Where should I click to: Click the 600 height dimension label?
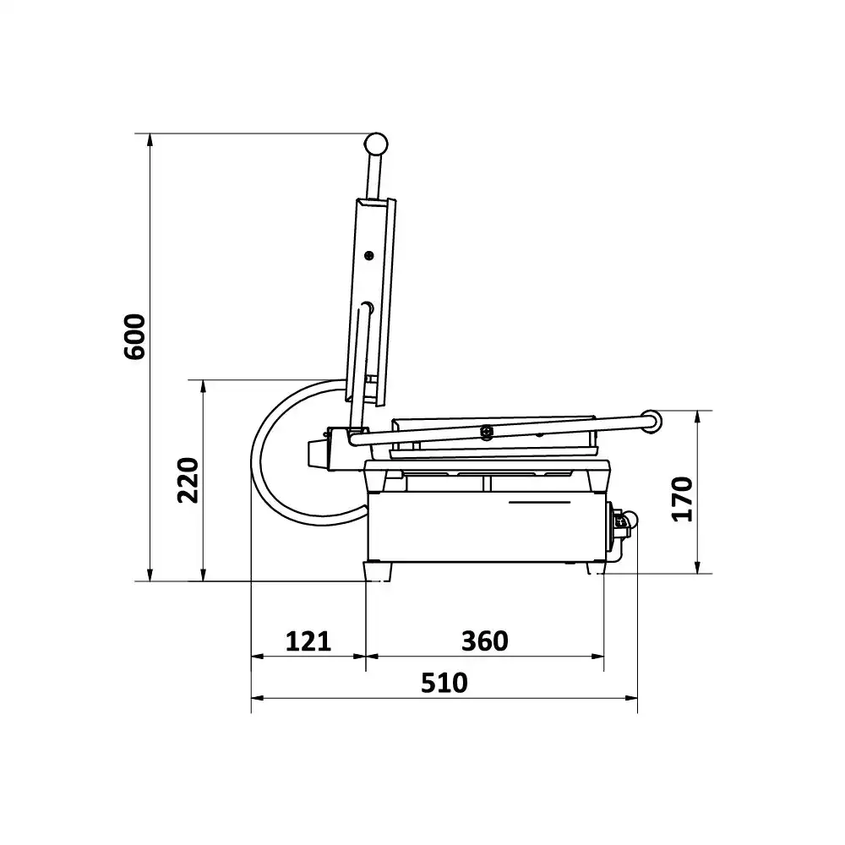click(x=134, y=337)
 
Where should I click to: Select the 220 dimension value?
click(x=188, y=480)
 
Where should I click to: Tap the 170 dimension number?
click(x=682, y=499)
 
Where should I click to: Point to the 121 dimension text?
click(x=308, y=641)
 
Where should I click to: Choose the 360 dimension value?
click(x=484, y=641)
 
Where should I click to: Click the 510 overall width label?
click(x=444, y=683)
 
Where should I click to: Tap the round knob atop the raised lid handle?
click(x=376, y=144)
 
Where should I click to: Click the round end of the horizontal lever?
click(x=652, y=422)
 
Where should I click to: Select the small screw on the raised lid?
click(x=369, y=255)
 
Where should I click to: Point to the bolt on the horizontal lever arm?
click(x=487, y=431)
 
